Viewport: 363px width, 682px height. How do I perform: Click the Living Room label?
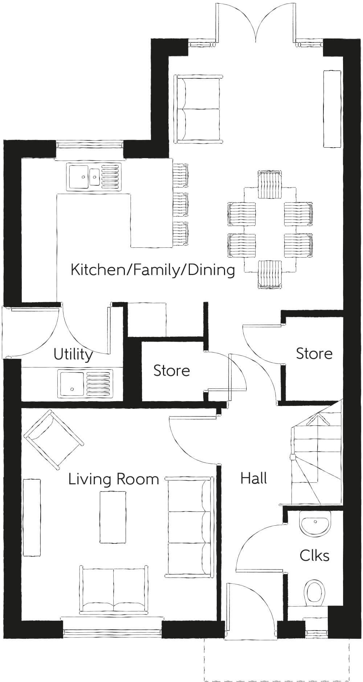tap(114, 479)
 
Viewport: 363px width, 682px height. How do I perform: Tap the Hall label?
tap(254, 478)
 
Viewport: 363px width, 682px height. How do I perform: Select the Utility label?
tap(73, 354)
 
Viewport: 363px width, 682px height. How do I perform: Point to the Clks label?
tap(314, 555)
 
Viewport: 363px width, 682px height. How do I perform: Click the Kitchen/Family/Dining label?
tap(153, 270)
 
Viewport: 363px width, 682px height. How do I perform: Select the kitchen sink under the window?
tap(93, 177)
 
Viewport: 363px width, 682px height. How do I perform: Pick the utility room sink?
tap(85, 382)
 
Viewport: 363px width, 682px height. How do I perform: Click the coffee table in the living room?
tap(113, 517)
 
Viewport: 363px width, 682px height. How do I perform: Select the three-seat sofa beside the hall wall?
tap(190, 527)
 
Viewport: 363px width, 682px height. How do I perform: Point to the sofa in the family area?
tap(198, 109)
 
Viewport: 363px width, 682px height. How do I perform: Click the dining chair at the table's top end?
tap(270, 185)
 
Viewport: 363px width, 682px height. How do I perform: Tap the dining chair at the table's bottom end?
tap(270, 274)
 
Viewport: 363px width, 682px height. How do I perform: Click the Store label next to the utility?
tap(172, 371)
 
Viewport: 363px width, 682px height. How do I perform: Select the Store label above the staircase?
tap(314, 354)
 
